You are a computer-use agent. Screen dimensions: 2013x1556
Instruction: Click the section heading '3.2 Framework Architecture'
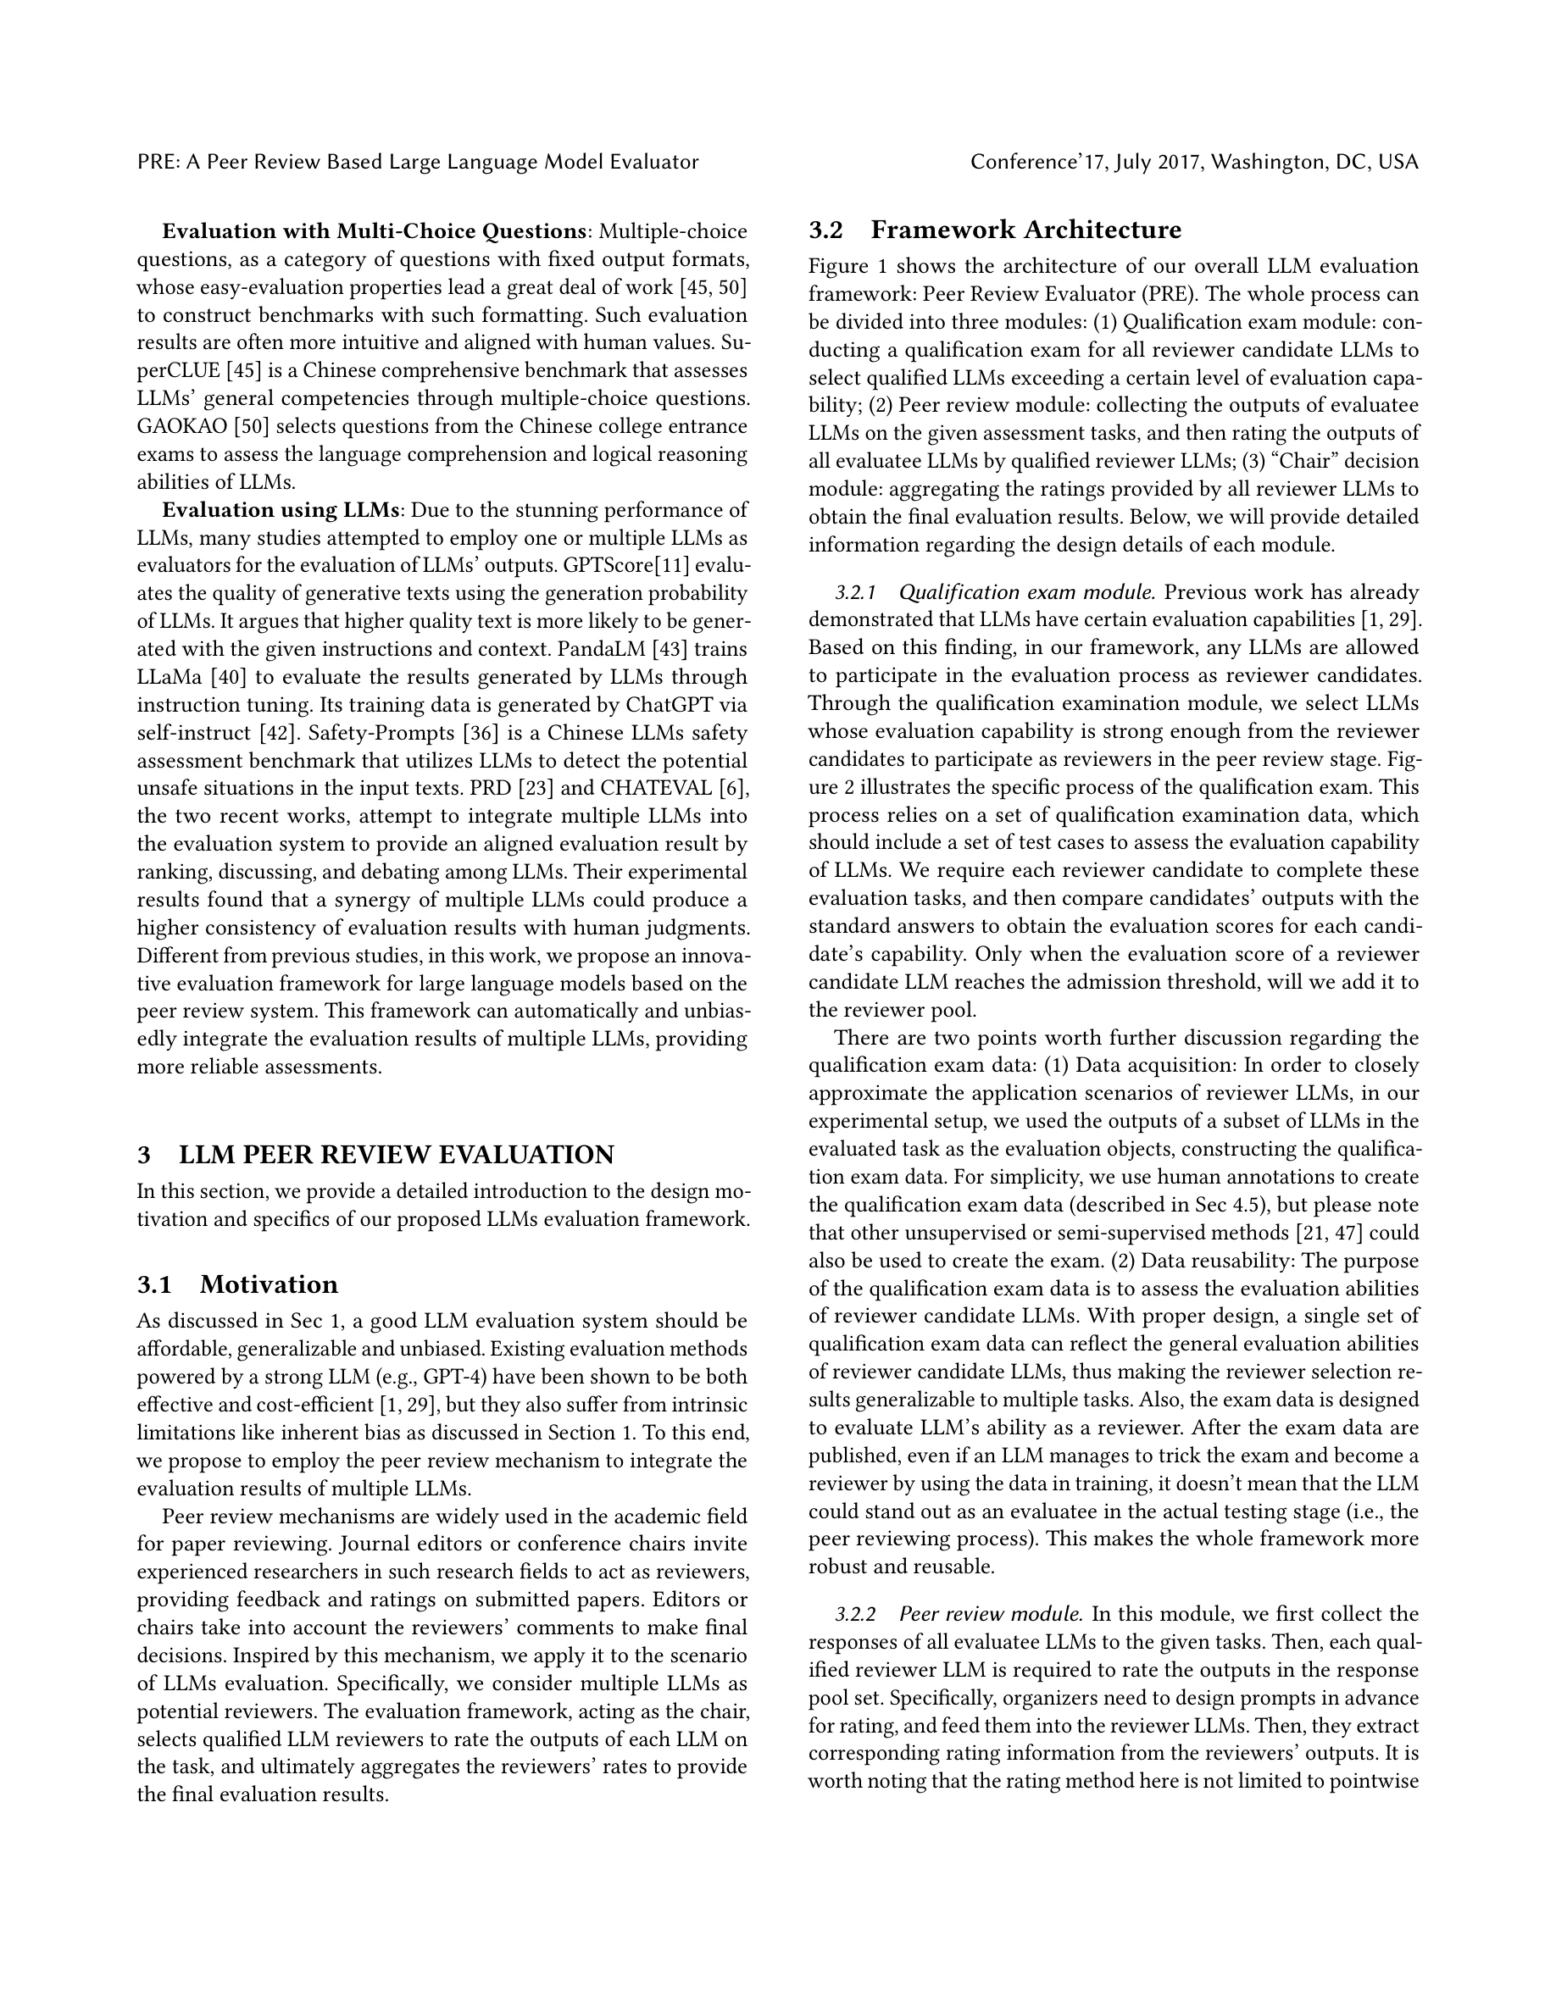995,230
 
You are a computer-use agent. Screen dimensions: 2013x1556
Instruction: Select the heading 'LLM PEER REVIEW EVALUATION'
397,1155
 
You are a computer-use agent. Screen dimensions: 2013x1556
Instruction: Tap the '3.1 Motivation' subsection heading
238,1285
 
